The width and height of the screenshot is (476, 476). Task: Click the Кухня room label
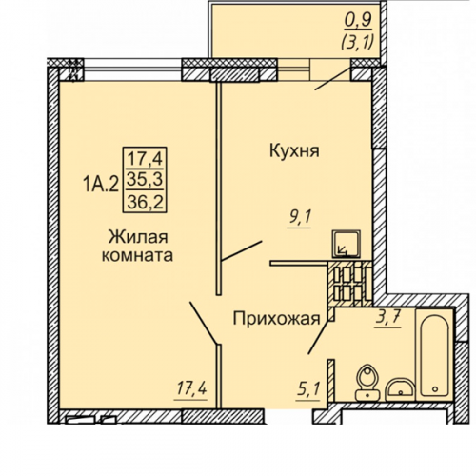pos(294,151)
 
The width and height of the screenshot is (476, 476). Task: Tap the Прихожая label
pos(276,319)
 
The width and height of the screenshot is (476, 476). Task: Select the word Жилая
pos(138,237)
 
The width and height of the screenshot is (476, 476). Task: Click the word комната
pos(137,256)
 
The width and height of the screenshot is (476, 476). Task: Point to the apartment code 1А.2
pos(101,184)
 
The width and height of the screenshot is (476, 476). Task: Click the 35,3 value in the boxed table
pos(145,180)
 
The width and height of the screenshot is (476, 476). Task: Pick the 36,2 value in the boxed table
pos(145,202)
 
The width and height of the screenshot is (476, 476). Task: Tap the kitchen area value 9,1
pos(300,219)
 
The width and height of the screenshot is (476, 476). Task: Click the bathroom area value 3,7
pos(388,318)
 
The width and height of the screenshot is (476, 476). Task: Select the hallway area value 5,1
pos(307,389)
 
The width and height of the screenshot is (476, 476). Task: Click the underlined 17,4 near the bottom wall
pos(191,389)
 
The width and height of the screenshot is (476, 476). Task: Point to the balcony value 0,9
pos(358,21)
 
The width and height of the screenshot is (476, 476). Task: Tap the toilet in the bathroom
pos(367,382)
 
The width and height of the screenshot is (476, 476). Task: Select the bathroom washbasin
pos(400,389)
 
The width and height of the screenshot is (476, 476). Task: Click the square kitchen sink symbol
pos(346,244)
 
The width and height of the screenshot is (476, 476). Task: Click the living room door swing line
pos(204,323)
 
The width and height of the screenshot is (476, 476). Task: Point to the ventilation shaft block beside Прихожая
pos(350,284)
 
